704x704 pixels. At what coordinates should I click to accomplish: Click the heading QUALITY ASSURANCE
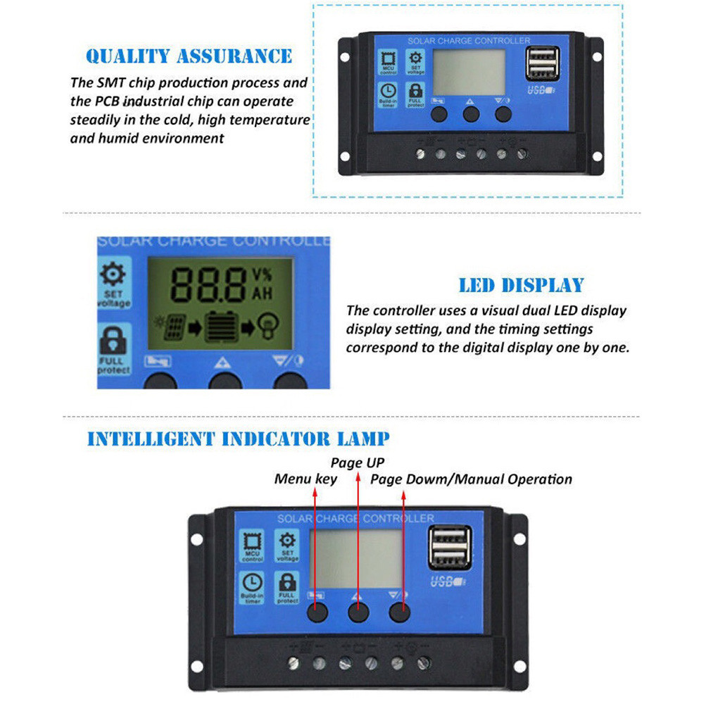[189, 56]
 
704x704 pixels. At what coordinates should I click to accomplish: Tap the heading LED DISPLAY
[521, 285]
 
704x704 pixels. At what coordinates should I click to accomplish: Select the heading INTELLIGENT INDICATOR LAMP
[238, 439]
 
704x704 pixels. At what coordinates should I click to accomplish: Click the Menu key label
[306, 479]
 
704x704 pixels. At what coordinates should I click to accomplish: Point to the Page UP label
[358, 463]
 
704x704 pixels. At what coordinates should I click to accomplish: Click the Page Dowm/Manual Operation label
[471, 479]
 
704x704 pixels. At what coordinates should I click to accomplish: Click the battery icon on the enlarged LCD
[222, 328]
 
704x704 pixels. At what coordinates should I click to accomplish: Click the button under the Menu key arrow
[317, 612]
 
